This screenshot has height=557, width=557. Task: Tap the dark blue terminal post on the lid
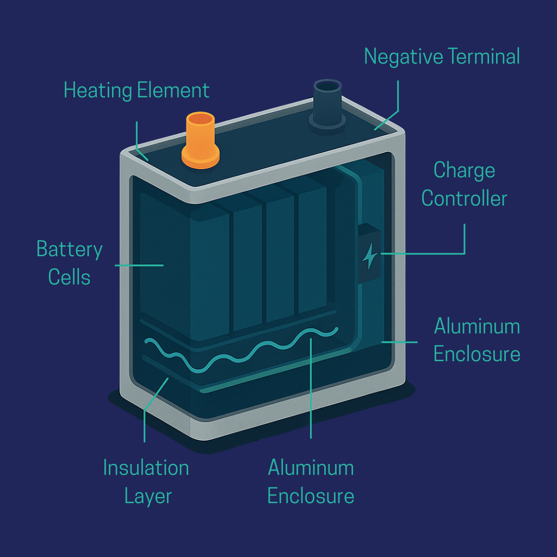point(327,103)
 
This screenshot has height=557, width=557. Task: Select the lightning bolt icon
point(369,256)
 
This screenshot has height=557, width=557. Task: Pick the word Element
point(173,90)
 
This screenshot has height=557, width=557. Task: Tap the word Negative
point(404,57)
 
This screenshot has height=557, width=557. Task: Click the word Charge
point(464,171)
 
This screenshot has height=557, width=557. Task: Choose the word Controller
point(464,199)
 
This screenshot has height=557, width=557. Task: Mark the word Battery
point(69,250)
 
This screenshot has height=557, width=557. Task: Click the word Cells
point(69,277)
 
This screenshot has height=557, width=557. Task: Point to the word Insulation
point(146,468)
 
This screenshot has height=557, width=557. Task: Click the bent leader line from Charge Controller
point(465,239)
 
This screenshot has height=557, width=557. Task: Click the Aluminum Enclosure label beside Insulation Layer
point(311,482)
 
